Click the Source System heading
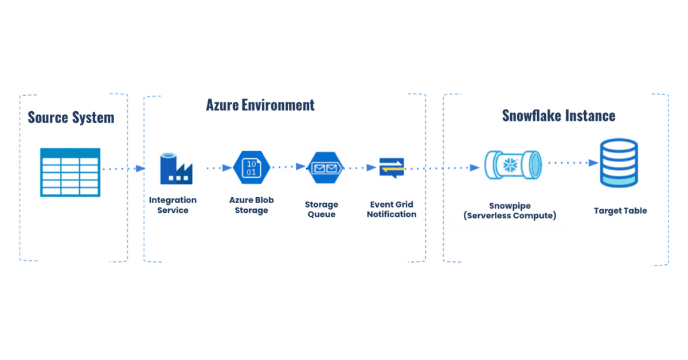(x=71, y=118)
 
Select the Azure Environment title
(x=260, y=105)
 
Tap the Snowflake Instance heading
(x=558, y=116)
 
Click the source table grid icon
(x=70, y=173)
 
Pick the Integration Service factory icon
(x=176, y=169)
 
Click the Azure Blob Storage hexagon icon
(x=252, y=167)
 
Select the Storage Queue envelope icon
(x=325, y=168)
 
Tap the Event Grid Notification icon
(x=392, y=168)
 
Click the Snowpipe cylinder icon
(x=513, y=165)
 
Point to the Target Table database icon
(x=619, y=163)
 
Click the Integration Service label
(x=173, y=205)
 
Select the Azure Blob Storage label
(x=251, y=205)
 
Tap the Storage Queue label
(x=321, y=209)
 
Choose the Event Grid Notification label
(x=392, y=209)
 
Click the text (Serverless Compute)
(x=510, y=216)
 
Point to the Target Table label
(x=620, y=211)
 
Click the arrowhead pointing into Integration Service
(x=140, y=169)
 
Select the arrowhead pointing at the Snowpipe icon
(x=475, y=168)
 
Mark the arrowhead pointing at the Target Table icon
(x=593, y=163)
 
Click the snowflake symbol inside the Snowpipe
(x=510, y=165)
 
